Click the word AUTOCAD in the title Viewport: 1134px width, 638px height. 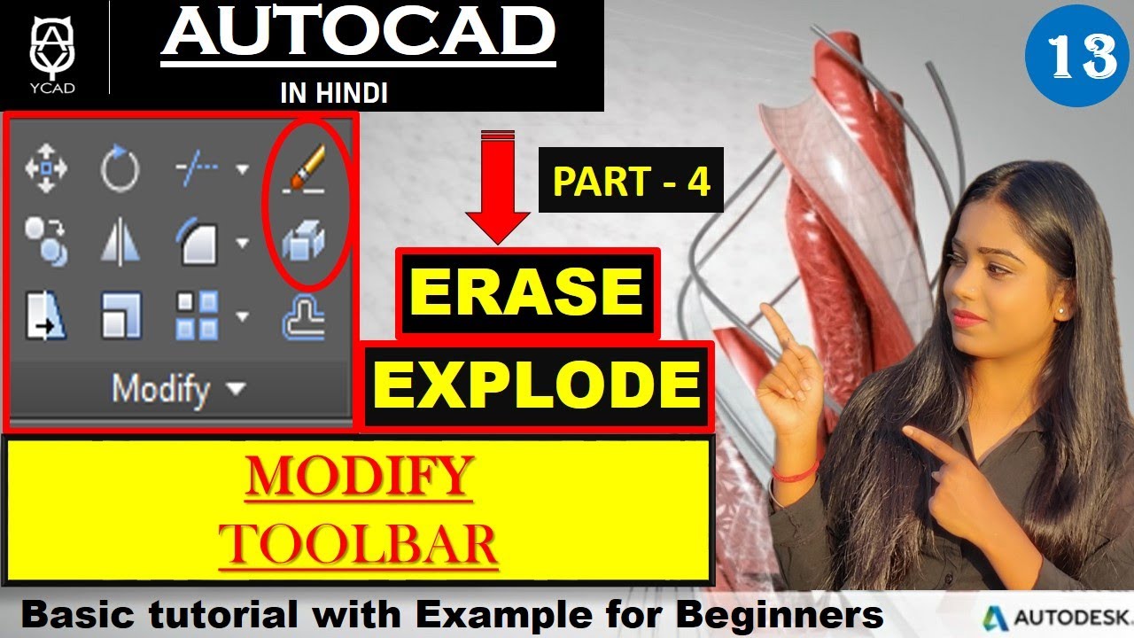358,35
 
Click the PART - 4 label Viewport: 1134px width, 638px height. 631,182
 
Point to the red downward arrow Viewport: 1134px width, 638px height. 497,186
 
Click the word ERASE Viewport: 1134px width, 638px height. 527,292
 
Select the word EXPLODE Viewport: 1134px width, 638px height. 537,385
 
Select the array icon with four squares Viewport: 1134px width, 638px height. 197,316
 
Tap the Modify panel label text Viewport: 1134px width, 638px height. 161,388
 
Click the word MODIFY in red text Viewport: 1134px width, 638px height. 359,476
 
